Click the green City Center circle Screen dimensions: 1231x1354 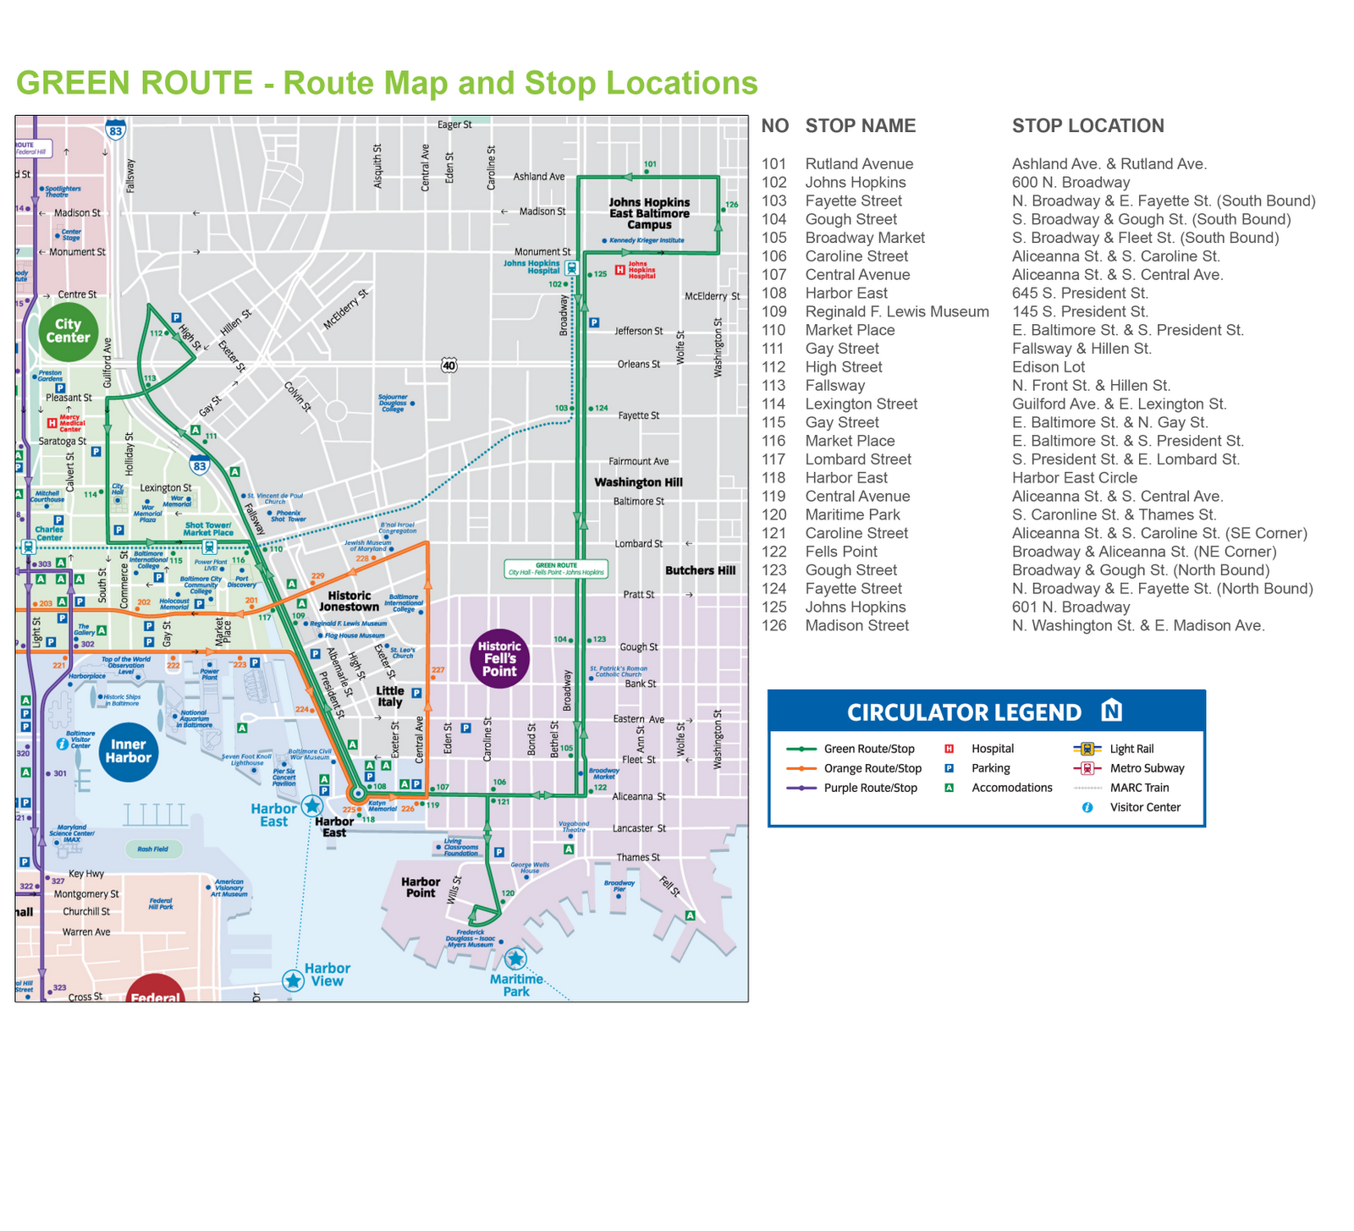68,331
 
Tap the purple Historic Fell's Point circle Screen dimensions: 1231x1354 499,658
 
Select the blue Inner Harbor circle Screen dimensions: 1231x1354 129,751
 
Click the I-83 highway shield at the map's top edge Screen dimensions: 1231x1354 116,129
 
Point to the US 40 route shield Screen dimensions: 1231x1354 449,365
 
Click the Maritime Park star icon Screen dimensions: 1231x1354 515,959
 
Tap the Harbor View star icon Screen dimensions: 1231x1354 294,980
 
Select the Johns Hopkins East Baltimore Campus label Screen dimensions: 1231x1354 649,213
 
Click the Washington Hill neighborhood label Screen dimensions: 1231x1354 638,482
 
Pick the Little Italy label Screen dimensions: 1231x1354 390,696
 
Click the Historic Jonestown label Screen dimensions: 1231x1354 350,601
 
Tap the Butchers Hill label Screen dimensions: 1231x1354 700,570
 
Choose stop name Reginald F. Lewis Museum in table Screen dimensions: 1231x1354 896,311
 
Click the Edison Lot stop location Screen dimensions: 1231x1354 1048,367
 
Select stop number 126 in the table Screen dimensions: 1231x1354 773,626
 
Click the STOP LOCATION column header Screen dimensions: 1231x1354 1087,126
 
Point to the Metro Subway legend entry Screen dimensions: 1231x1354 1147,768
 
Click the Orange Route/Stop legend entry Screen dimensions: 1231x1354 872,768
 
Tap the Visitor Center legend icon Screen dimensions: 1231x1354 1087,807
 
